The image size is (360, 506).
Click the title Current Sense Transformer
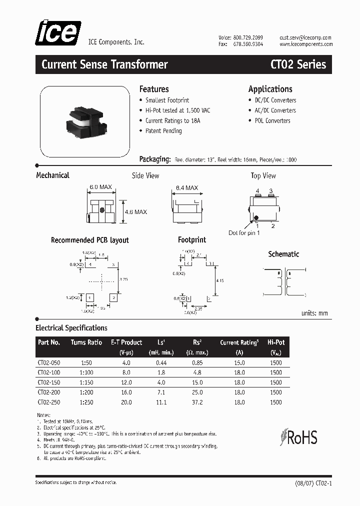(104, 64)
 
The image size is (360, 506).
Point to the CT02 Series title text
(298, 64)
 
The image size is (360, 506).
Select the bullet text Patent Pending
(163, 131)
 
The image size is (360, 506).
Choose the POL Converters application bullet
(272, 120)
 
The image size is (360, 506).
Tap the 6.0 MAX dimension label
(100, 187)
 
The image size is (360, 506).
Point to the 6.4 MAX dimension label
(186, 188)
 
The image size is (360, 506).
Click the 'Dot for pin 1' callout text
(244, 233)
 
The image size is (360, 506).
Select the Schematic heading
(283, 254)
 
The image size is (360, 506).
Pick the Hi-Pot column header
(276, 342)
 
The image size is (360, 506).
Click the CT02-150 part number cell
(48, 382)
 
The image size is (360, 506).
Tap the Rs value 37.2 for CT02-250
(197, 402)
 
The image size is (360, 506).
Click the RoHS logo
(299, 437)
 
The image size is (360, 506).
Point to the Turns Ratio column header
(86, 342)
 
